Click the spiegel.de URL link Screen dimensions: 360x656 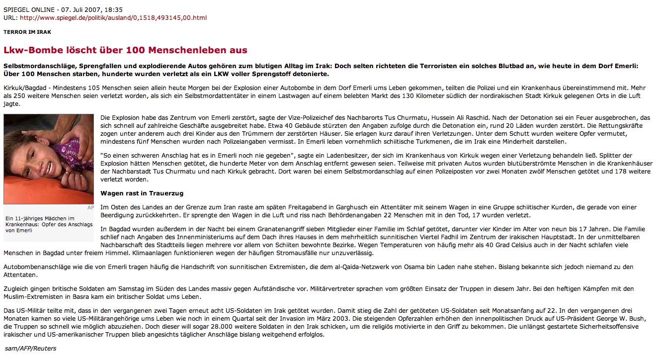pyautogui.click(x=113, y=18)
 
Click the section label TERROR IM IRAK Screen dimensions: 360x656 pyautogui.click(x=27, y=32)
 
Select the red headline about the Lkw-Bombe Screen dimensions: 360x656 pyautogui.click(x=125, y=50)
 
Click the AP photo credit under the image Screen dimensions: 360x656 pyautogui.click(x=90, y=207)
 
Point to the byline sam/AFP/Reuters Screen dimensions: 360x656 pyautogui.click(x=31, y=349)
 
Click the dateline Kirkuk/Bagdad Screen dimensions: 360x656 pyautogui.click(x=24, y=88)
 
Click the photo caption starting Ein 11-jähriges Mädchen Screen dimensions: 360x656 pyautogui.click(x=49, y=224)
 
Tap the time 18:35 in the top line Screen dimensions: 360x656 pyautogui.click(x=114, y=9)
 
